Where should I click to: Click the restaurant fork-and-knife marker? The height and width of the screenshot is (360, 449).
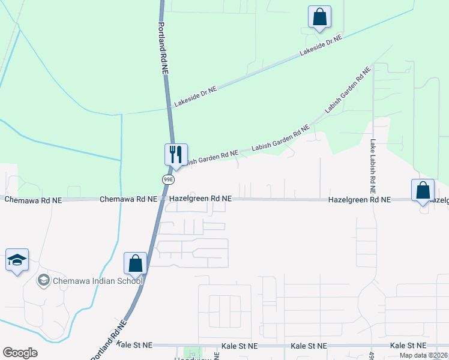[x=176, y=155]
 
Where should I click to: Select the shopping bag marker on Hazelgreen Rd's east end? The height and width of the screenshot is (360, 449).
[x=423, y=191]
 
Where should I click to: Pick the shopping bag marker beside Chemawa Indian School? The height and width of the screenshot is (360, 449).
[x=135, y=263]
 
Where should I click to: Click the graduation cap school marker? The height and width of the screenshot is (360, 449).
[x=17, y=260]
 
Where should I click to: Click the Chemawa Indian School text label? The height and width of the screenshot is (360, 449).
[x=98, y=281]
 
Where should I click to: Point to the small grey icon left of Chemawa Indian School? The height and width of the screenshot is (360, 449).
[x=43, y=280]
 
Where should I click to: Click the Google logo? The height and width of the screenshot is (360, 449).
[x=20, y=353]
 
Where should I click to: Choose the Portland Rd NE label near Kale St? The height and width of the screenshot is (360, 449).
[x=109, y=340]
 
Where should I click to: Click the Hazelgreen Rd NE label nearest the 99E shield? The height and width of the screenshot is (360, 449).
[x=200, y=199]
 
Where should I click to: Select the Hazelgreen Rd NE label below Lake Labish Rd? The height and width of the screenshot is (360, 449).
[x=359, y=199]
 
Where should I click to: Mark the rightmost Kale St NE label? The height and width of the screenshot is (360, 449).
[x=408, y=346]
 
